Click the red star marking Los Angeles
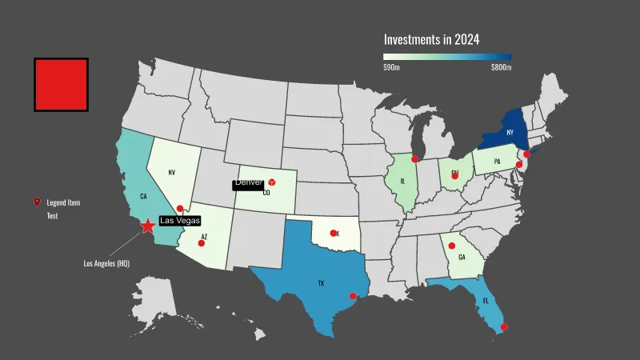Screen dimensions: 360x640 tap(148, 226)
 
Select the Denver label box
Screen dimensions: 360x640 tap(248, 183)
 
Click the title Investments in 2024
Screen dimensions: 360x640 tap(431, 38)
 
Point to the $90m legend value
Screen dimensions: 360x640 tap(391, 68)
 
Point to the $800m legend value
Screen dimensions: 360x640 tap(501, 68)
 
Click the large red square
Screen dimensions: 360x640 tap(61, 84)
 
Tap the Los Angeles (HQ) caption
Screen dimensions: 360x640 tap(106, 262)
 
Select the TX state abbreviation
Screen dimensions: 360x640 tap(321, 283)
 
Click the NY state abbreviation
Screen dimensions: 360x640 tap(510, 132)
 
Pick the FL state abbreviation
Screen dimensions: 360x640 tap(485, 301)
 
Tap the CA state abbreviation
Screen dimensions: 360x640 tap(143, 195)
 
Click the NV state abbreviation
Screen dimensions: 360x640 tap(171, 172)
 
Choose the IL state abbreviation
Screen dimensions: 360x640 tap(402, 181)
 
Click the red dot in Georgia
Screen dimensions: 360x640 tap(451, 246)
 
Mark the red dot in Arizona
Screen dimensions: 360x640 tap(201, 243)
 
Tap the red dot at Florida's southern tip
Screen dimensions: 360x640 tap(504, 326)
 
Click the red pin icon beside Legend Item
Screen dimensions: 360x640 tap(36, 202)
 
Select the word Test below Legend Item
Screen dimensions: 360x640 tap(52, 216)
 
